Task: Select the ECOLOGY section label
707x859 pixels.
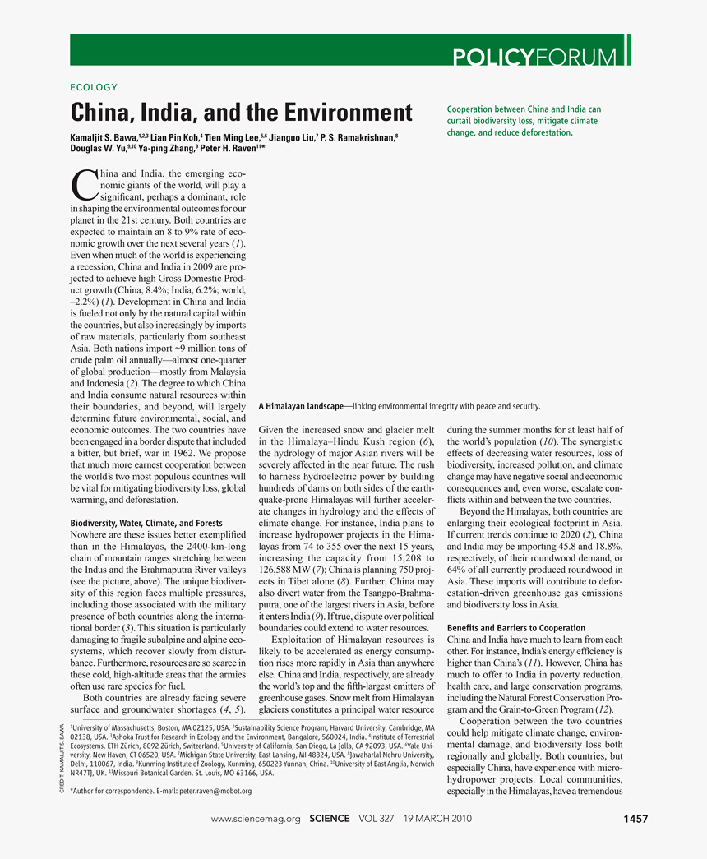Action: coord(95,87)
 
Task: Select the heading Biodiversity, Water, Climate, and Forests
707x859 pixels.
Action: coord(146,522)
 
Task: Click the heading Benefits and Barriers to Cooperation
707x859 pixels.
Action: coord(516,628)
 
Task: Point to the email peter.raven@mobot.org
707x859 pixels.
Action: coord(213,791)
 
